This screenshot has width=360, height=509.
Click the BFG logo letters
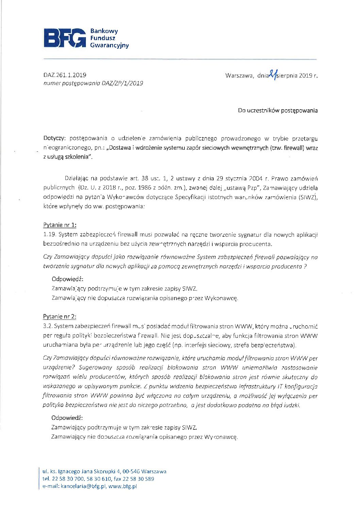click(x=65, y=38)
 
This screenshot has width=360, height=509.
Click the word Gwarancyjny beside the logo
click(x=109, y=45)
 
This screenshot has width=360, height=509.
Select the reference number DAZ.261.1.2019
click(x=65, y=75)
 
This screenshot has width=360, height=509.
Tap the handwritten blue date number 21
click(x=273, y=74)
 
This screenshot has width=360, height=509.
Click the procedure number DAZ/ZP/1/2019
click(x=122, y=83)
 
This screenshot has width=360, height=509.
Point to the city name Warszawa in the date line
click(x=239, y=76)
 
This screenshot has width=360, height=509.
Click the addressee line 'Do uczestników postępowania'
click(x=278, y=111)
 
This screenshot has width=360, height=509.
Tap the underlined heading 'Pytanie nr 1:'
click(x=60, y=225)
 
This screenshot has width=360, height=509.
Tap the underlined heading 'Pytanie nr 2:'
click(x=60, y=316)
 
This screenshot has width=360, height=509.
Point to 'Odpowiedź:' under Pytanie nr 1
click(x=67, y=279)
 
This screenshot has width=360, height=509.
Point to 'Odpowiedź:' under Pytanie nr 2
click(x=67, y=418)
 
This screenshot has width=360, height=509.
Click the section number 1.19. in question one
click(x=50, y=235)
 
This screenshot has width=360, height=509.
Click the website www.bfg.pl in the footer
click(x=122, y=486)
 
